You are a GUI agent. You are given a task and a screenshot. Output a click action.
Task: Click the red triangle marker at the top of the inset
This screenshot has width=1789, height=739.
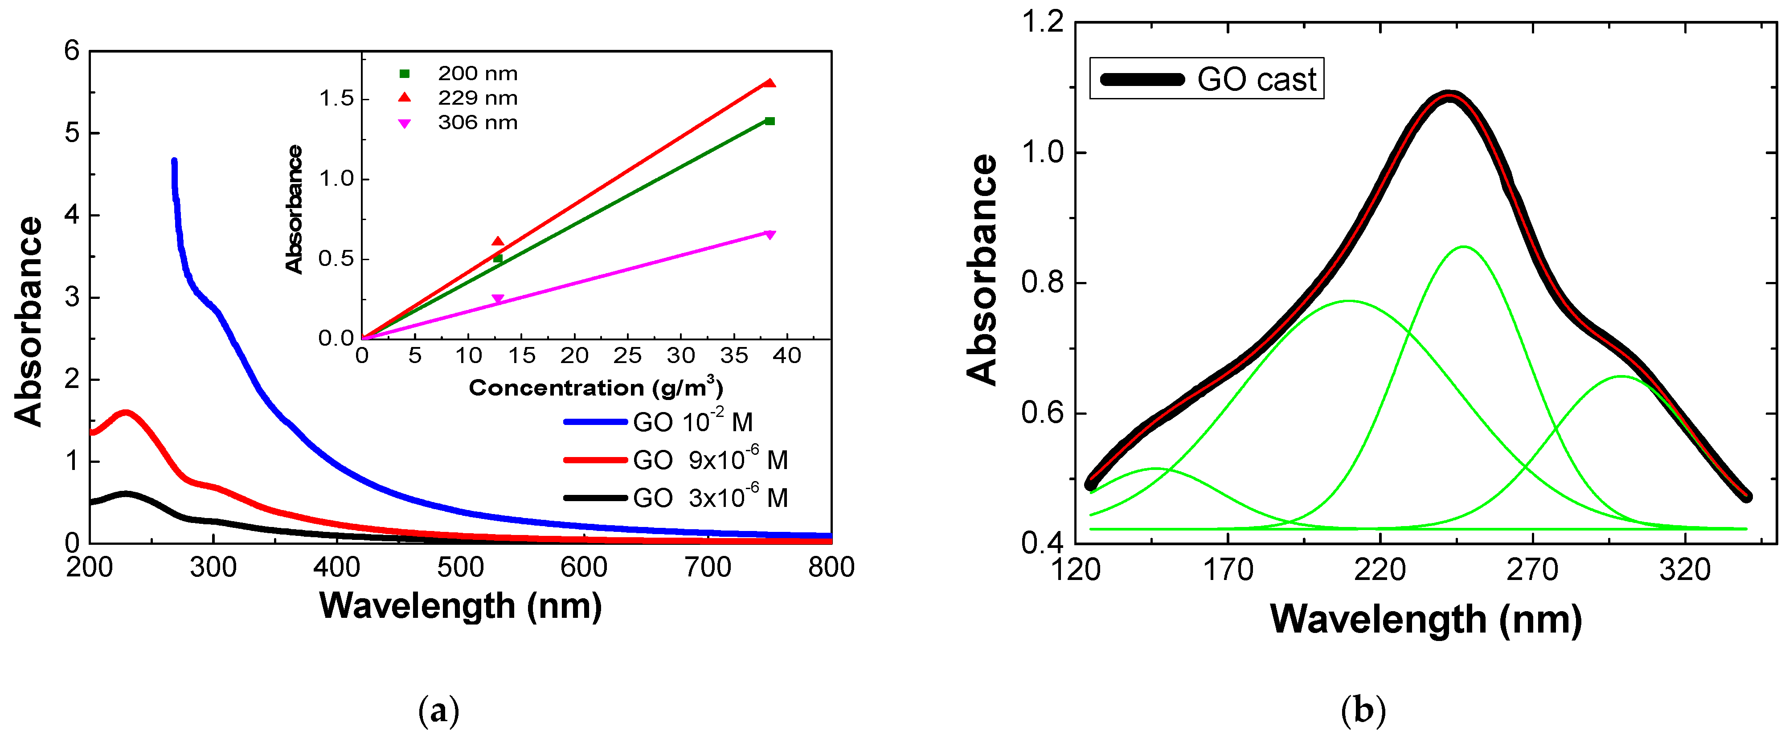pyautogui.click(x=770, y=83)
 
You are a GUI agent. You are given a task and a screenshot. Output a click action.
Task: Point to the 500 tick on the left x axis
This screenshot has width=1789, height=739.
pyautogui.click(x=460, y=568)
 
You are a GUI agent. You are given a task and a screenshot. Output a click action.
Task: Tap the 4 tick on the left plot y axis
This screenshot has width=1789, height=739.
pyautogui.click(x=72, y=215)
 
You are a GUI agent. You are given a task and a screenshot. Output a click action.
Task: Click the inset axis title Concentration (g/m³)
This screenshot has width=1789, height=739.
pyautogui.click(x=595, y=387)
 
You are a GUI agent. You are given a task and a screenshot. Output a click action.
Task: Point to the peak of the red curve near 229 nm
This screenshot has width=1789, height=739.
pyautogui.click(x=126, y=413)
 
